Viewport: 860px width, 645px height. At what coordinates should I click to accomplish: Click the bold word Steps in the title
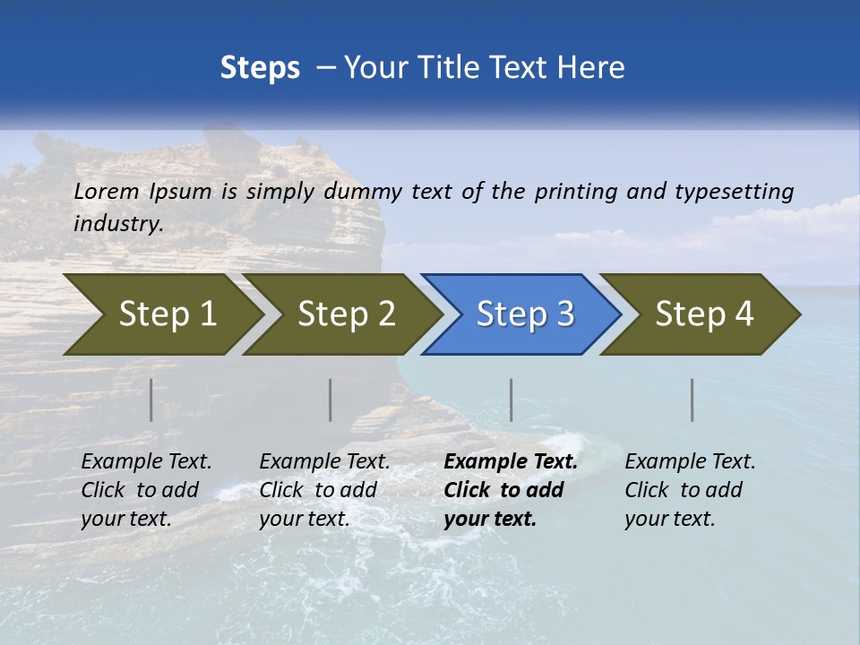[260, 68]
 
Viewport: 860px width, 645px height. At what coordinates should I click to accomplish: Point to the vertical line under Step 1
[151, 400]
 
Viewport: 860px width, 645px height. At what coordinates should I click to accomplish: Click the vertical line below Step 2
[331, 400]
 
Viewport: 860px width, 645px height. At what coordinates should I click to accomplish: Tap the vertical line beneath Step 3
[511, 400]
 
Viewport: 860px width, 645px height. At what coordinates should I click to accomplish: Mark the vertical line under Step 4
[692, 400]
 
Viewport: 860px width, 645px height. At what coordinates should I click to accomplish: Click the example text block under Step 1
[146, 490]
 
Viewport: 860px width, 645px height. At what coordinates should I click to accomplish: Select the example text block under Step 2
[324, 490]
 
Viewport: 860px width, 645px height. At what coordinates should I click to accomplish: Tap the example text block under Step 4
[690, 490]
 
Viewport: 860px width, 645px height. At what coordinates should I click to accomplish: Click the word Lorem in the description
[107, 191]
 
